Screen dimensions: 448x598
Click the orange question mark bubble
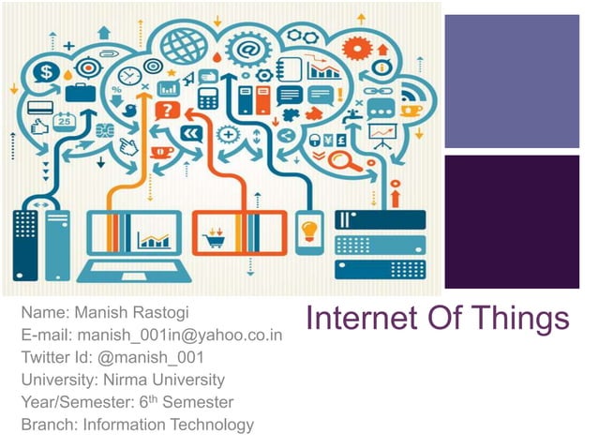pyautogui.click(x=167, y=111)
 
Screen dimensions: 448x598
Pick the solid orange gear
pyautogui.click(x=357, y=48)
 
